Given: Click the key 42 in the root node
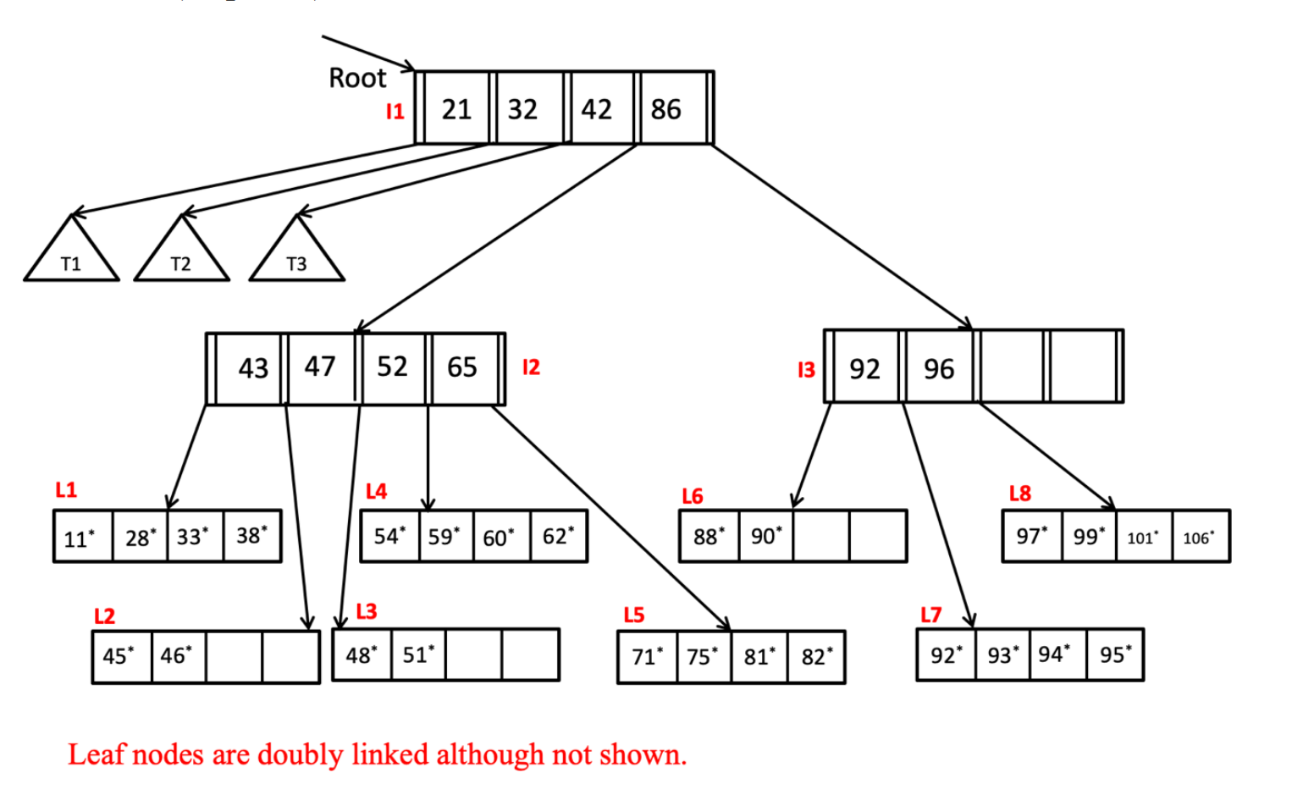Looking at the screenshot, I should (x=597, y=109).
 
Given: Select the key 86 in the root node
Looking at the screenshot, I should (x=666, y=109).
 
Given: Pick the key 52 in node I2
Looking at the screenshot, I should (x=392, y=367).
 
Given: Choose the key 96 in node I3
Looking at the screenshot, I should (x=939, y=369).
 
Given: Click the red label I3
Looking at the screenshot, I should (x=806, y=370).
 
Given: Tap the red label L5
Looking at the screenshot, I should (x=634, y=615).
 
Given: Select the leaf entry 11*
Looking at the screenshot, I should (x=80, y=538).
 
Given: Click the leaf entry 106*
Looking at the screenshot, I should (x=1198, y=538).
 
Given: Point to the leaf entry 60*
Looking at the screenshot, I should (x=499, y=538).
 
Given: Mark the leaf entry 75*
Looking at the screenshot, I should (x=702, y=657).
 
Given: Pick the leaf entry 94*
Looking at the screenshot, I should (x=1054, y=654).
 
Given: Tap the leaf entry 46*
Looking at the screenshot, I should (x=176, y=656).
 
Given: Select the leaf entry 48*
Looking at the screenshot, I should (x=362, y=655).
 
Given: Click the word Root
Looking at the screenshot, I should (x=357, y=79).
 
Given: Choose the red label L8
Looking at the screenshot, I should (x=1020, y=494).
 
